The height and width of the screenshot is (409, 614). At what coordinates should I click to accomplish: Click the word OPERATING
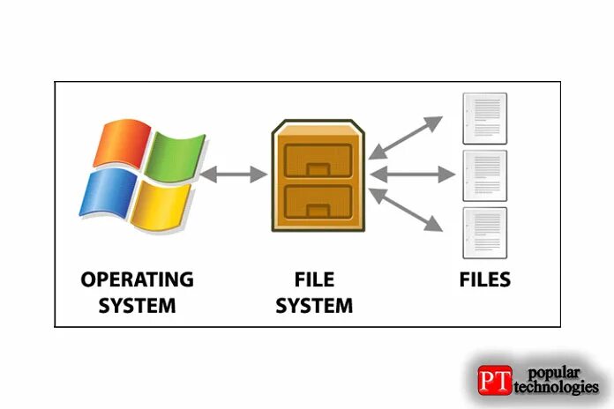tap(137, 281)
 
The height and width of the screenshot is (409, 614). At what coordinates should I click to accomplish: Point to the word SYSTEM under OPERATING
tap(137, 307)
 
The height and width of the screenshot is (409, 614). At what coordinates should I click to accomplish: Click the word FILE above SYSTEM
tap(314, 281)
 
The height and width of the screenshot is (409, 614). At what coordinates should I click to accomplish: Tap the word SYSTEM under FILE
tap(314, 307)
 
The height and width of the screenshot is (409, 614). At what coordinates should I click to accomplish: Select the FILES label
tap(485, 281)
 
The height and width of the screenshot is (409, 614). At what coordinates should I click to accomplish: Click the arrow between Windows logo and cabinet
tap(234, 175)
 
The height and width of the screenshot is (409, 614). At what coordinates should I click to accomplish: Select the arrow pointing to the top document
tap(405, 137)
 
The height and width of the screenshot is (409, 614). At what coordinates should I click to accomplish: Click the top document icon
tap(485, 119)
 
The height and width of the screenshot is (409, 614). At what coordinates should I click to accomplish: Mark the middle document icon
tap(485, 175)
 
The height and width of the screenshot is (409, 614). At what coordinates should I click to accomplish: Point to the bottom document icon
tap(485, 232)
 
